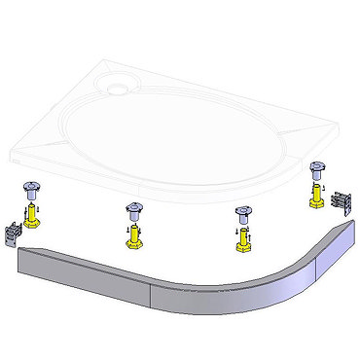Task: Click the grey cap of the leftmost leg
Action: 30,191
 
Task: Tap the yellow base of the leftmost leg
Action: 33,215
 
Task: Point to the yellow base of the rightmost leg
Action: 316,198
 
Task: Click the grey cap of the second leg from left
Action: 133,209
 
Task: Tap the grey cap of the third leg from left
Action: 238,212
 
